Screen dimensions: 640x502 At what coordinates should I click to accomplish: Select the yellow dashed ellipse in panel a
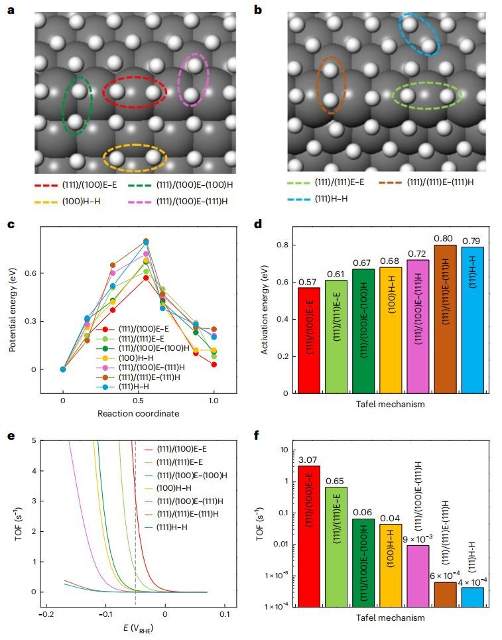pos(135,158)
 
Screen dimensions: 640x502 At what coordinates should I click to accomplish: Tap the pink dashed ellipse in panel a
pos(193,81)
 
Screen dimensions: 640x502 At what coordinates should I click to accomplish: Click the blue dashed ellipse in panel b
pos(419,34)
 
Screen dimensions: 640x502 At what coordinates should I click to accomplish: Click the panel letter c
pos(11,224)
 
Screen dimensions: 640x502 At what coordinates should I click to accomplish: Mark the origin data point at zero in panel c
pos(63,369)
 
